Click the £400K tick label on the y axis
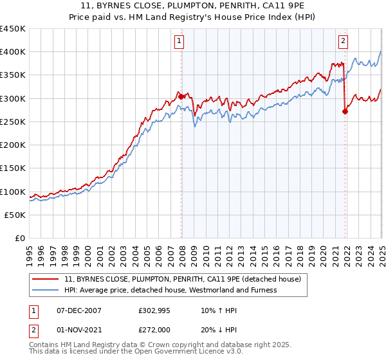click(x=12, y=51)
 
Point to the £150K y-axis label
click(x=12, y=168)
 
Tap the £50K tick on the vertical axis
click(x=15, y=215)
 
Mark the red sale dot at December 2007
click(x=181, y=96)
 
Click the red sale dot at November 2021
click(x=345, y=111)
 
